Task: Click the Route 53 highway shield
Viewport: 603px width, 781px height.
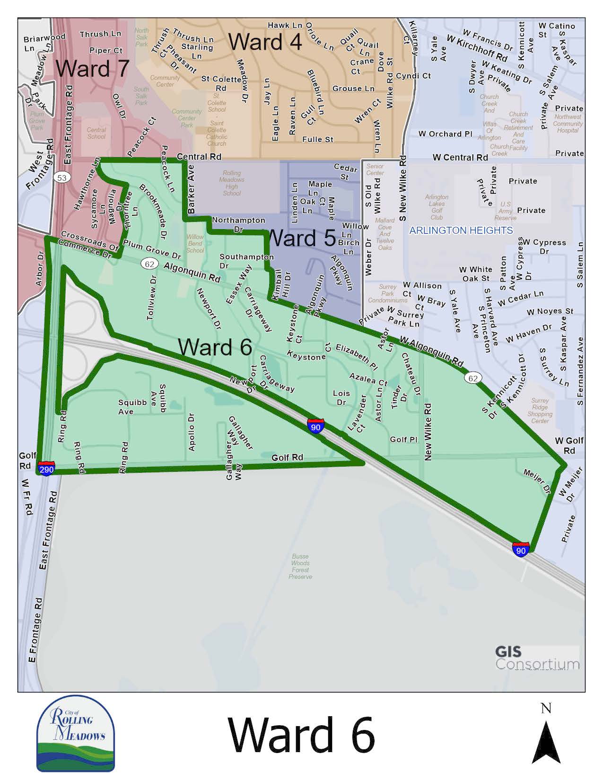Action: coord(61,178)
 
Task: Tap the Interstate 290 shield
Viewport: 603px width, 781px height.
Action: coord(46,469)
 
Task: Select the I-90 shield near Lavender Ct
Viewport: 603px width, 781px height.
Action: coord(315,426)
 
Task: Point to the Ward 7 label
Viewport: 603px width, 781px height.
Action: coord(93,68)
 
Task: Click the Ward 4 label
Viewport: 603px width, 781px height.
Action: coord(265,42)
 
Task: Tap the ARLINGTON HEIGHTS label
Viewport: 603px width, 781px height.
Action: coord(461,231)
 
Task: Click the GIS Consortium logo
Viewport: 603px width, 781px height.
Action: coord(537,658)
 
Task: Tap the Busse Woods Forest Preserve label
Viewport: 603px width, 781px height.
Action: coord(300,567)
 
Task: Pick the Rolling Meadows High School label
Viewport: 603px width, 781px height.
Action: coord(232,183)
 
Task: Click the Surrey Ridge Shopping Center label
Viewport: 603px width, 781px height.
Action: coord(540,410)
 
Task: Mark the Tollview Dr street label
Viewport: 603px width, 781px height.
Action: coord(151,297)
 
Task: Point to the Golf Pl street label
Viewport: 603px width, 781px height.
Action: coord(403,439)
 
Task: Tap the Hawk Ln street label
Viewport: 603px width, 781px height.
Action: coord(285,25)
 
